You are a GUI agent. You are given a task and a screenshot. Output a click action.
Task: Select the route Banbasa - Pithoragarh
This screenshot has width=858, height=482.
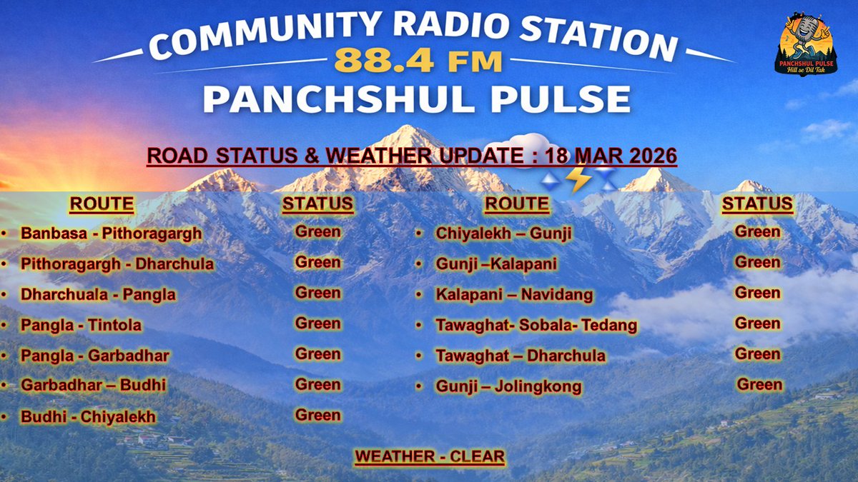[111, 234]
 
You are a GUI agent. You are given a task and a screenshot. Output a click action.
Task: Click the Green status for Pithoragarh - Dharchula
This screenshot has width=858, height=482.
[317, 262]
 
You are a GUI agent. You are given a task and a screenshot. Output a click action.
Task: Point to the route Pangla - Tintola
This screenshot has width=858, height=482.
[81, 326]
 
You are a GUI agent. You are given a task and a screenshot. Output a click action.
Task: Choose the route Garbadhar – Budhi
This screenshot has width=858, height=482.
[93, 386]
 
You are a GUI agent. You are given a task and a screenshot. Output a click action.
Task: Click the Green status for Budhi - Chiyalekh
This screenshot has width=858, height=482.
[317, 415]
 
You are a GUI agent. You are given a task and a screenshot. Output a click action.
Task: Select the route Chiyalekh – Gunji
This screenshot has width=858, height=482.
[493, 234]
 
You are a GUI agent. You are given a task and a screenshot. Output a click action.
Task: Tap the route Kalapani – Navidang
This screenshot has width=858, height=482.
[514, 295]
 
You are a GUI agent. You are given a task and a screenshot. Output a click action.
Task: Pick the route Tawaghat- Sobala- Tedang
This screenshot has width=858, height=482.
[536, 326]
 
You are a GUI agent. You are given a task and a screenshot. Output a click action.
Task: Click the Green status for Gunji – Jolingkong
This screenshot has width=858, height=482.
[759, 385]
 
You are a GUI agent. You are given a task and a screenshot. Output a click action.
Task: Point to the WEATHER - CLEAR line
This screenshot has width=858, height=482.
[430, 456]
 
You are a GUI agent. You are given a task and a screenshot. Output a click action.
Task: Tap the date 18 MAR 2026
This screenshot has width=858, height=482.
[611, 156]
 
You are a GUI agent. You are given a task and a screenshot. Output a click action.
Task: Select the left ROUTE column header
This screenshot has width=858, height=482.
[102, 204]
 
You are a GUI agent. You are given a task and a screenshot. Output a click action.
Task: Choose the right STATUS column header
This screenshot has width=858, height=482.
[757, 204]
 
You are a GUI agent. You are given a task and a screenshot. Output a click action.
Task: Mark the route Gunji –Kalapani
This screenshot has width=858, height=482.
[496, 264]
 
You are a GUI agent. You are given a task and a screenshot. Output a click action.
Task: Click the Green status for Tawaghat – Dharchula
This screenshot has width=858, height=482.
[757, 354]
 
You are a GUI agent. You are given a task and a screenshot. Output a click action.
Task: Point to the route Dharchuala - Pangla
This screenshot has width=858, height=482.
[98, 295]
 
